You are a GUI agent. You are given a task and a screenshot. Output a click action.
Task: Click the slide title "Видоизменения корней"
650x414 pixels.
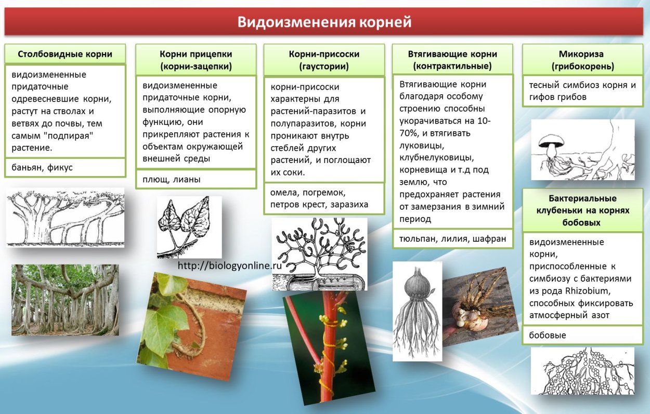pos(324,22)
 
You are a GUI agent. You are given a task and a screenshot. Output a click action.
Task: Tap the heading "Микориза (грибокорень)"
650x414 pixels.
pos(586,60)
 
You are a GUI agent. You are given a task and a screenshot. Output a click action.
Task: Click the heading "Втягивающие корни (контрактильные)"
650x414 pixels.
pos(452,60)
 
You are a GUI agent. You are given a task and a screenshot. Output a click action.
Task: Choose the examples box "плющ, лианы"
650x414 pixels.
pos(196,180)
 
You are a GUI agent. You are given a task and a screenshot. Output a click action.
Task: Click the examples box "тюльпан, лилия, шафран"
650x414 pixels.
pos(452,240)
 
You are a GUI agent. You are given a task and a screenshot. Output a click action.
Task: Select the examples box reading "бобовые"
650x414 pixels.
pos(586,335)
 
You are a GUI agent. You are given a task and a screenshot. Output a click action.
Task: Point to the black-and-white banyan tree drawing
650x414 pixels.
pos(65,218)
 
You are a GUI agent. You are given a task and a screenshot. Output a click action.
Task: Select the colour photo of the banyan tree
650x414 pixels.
pos(65,300)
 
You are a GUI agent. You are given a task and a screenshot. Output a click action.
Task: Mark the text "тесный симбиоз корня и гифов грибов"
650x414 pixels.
pos(582,91)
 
